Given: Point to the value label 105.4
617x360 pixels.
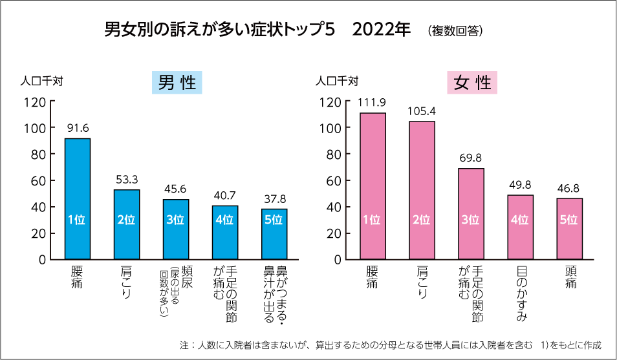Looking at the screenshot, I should (x=422, y=111).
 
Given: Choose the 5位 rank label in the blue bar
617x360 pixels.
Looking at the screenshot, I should (x=274, y=220).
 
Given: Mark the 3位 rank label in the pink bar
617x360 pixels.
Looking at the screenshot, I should (x=471, y=220).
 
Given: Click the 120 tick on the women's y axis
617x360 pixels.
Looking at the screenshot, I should (x=330, y=101).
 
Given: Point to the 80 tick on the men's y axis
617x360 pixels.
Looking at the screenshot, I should (x=38, y=154).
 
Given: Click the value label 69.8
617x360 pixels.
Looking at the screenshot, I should (x=471, y=157).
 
